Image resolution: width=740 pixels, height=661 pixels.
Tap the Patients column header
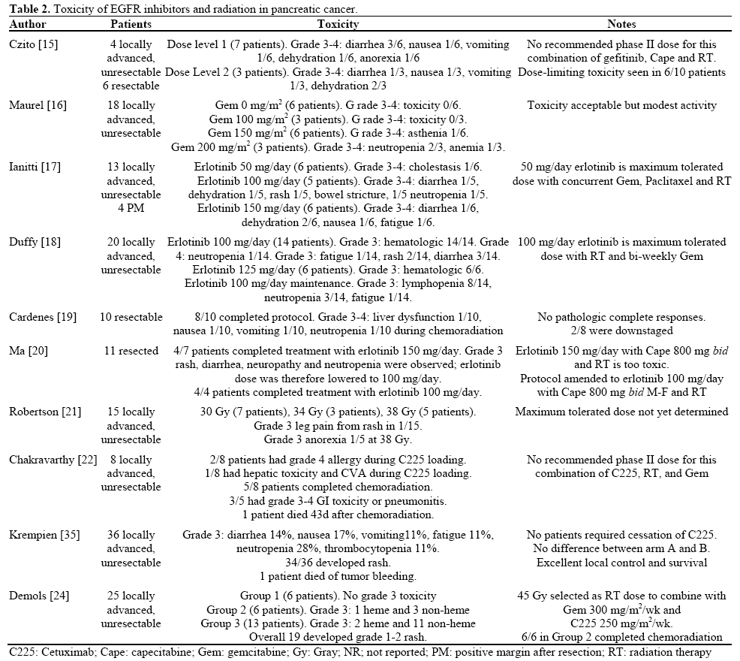pyautogui.click(x=131, y=24)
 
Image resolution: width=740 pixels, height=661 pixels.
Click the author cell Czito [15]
pyautogui.click(x=33, y=45)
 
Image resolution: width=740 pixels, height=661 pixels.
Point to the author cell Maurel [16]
pyautogui.click(x=37, y=106)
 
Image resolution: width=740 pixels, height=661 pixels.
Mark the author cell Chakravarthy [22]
pyautogui.click(x=53, y=460)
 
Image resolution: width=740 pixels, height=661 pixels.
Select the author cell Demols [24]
pyautogui.click(x=38, y=596)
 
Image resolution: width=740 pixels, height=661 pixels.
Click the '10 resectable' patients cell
pyautogui.click(x=131, y=317)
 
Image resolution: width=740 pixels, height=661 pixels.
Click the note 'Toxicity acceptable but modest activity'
pyautogui.click(x=621, y=106)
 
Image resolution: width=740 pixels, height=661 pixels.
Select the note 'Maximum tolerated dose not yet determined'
pyautogui.click(x=621, y=412)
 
